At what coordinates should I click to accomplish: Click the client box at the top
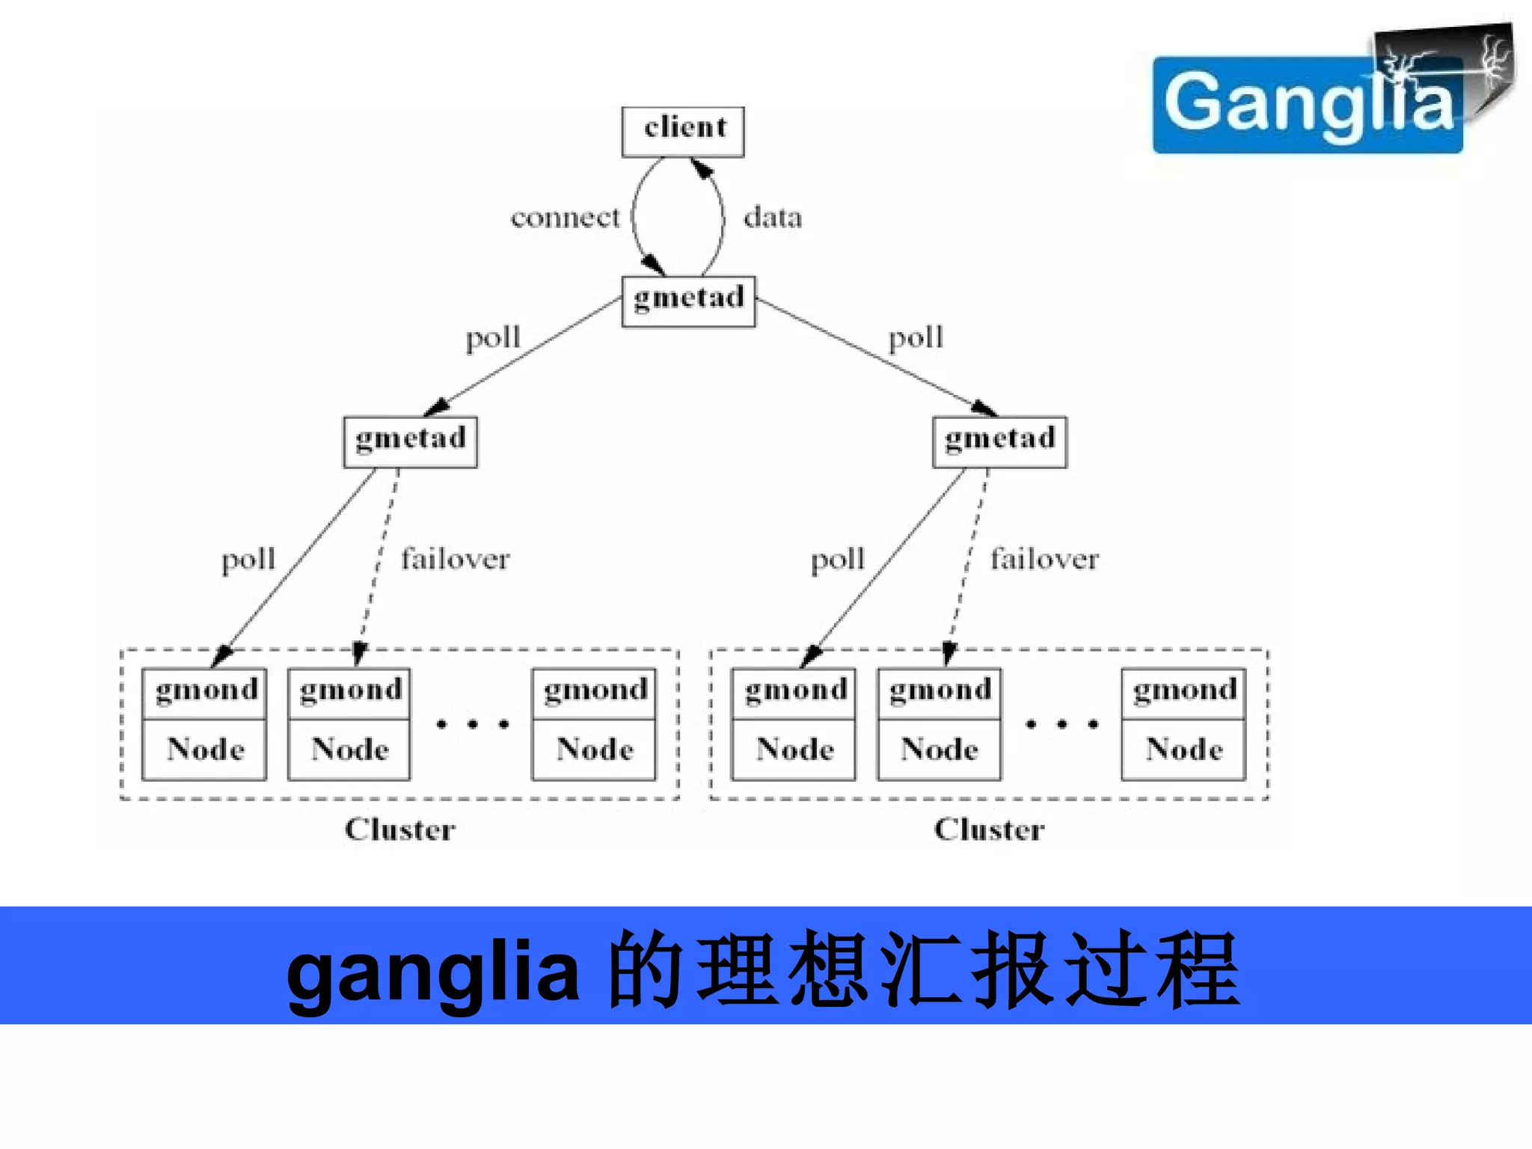coord(683,131)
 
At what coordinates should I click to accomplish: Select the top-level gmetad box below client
coord(688,301)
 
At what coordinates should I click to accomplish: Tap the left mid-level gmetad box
coord(410,441)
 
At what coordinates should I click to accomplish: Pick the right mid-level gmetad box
coord(999,441)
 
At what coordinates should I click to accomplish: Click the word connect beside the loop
coord(565,218)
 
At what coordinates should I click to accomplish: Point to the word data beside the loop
coord(773,218)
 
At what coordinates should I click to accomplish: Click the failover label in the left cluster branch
coord(455,559)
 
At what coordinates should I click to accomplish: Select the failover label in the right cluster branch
coord(1044,559)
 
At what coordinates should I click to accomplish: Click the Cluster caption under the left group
coord(399,830)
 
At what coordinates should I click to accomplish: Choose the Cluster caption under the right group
coord(989,830)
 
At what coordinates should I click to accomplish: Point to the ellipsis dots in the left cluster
coord(472,724)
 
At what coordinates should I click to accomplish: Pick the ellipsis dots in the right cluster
coord(1061,724)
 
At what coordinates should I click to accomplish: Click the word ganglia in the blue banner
coord(432,970)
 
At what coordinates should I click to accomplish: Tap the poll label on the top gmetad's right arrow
coord(916,337)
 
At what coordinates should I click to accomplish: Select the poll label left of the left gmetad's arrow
coord(248,560)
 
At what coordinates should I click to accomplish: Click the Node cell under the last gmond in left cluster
coord(595,750)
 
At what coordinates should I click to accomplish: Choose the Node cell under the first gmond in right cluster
coord(794,750)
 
